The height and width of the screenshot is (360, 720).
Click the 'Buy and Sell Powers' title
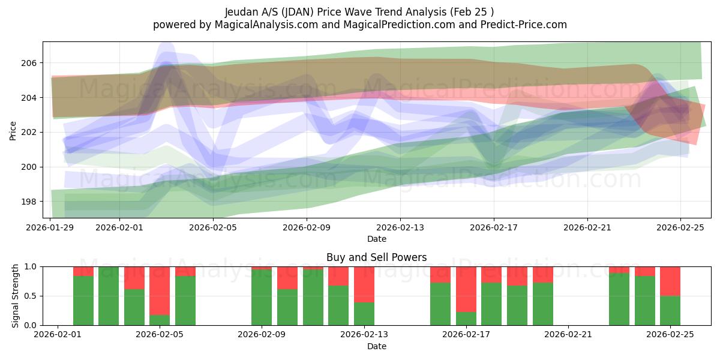tap(376, 257)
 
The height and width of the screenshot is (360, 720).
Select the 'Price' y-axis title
tap(13, 130)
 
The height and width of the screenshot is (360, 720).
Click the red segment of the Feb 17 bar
tap(466, 289)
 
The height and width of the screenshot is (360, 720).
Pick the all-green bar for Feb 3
tap(109, 296)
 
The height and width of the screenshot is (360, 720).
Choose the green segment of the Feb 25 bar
tap(670, 310)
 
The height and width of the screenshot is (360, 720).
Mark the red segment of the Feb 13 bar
tap(364, 284)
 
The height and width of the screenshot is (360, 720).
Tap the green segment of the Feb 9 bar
tap(262, 298)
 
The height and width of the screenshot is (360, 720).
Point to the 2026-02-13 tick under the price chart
tap(400, 228)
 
